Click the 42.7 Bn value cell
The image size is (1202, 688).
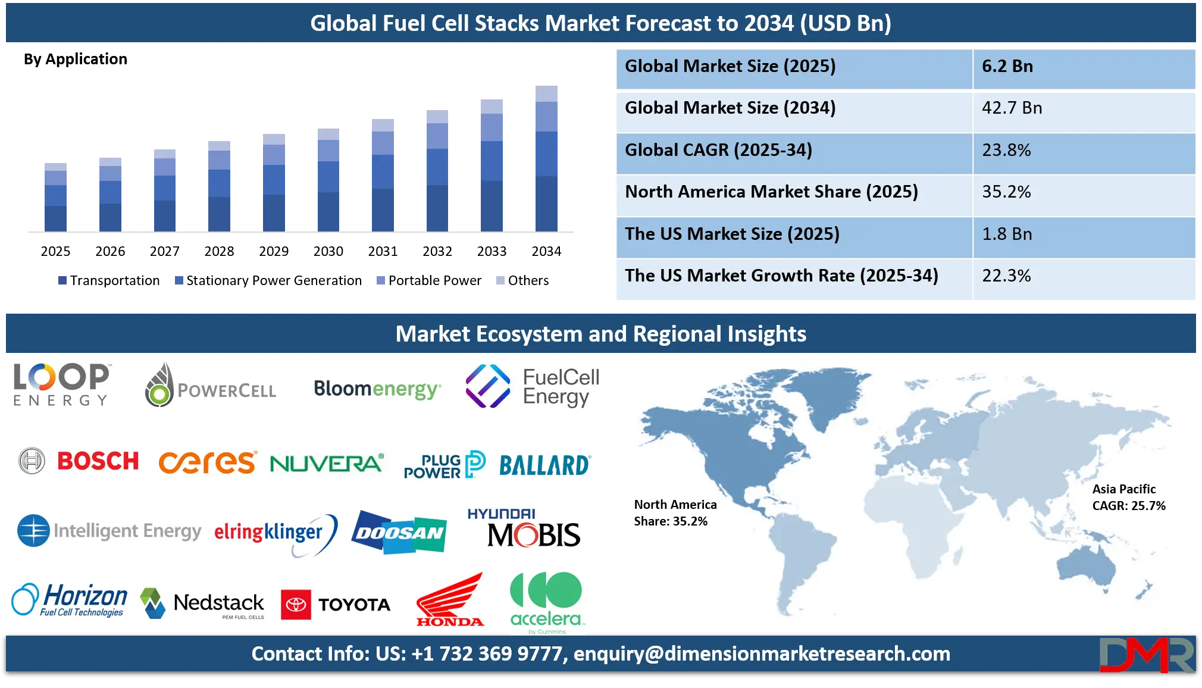(1012, 108)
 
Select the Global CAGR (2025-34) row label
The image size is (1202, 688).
(718, 150)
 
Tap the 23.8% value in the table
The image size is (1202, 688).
(1006, 150)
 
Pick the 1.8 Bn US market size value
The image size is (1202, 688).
(1007, 234)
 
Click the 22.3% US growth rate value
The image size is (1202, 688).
(1006, 276)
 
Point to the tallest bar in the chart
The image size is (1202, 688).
(547, 160)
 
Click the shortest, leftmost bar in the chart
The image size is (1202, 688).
(55, 198)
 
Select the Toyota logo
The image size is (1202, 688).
(336, 605)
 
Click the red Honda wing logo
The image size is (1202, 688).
(450, 600)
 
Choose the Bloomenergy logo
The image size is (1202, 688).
(377, 389)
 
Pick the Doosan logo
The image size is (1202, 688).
(399, 532)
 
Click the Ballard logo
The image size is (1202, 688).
(544, 465)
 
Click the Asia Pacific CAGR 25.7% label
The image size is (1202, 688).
(1128, 498)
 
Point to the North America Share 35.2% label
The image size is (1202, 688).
(675, 513)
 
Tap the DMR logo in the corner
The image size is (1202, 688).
(1146, 655)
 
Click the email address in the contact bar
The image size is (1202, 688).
(762, 654)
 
